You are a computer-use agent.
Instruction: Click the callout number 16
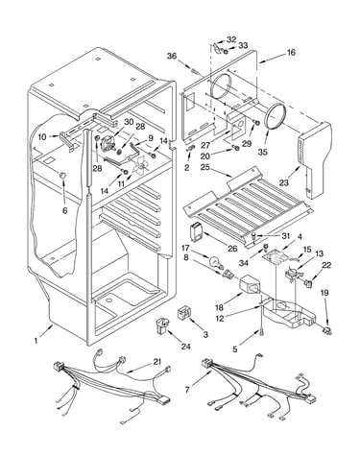[291, 52]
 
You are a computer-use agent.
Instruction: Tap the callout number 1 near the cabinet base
[36, 341]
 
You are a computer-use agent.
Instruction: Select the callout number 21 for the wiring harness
[156, 362]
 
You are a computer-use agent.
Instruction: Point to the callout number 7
[187, 390]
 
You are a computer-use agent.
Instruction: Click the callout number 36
[172, 56]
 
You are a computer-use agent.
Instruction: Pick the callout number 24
[185, 347]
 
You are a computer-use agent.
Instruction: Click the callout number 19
[324, 293]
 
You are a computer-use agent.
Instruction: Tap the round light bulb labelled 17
[214, 262]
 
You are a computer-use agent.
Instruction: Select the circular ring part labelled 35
[275, 117]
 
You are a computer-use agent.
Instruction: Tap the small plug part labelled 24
[162, 325]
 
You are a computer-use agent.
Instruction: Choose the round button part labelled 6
[62, 175]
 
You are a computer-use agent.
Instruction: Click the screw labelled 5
[262, 333]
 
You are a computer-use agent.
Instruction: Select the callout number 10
[42, 137]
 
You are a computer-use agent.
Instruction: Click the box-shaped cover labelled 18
[251, 284]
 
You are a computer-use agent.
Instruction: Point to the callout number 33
[243, 45]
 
